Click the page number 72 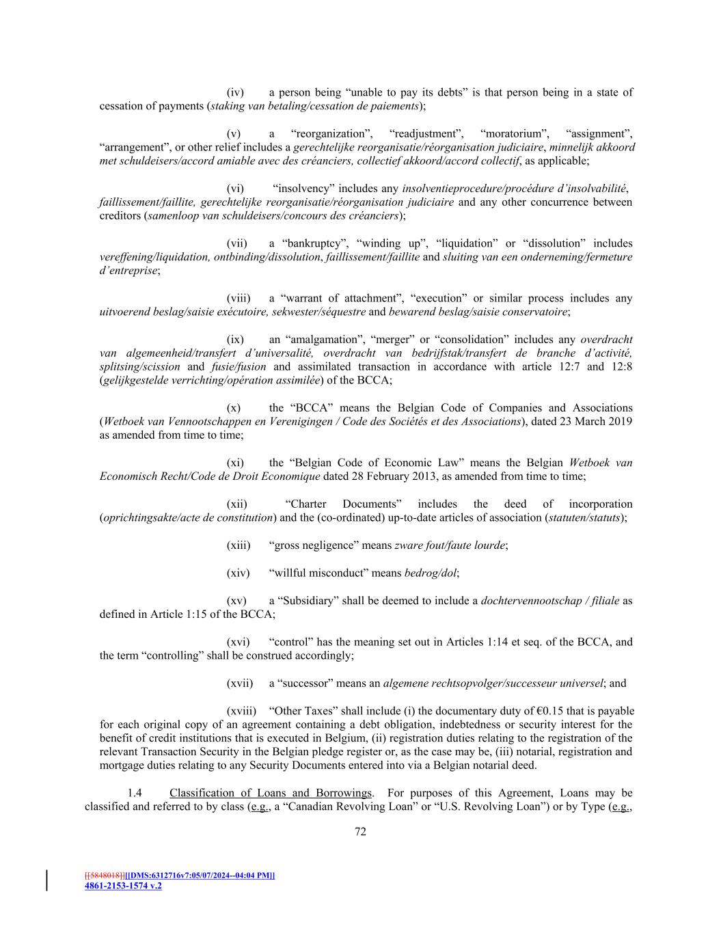[x=361, y=832]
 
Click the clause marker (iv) [x=235, y=92]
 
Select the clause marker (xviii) [x=241, y=711]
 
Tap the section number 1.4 [x=135, y=793]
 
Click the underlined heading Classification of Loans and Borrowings [x=271, y=793]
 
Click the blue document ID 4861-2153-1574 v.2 [x=123, y=886]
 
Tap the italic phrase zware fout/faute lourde [x=450, y=545]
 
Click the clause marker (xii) [x=236, y=504]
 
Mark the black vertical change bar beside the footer [x=47, y=880]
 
